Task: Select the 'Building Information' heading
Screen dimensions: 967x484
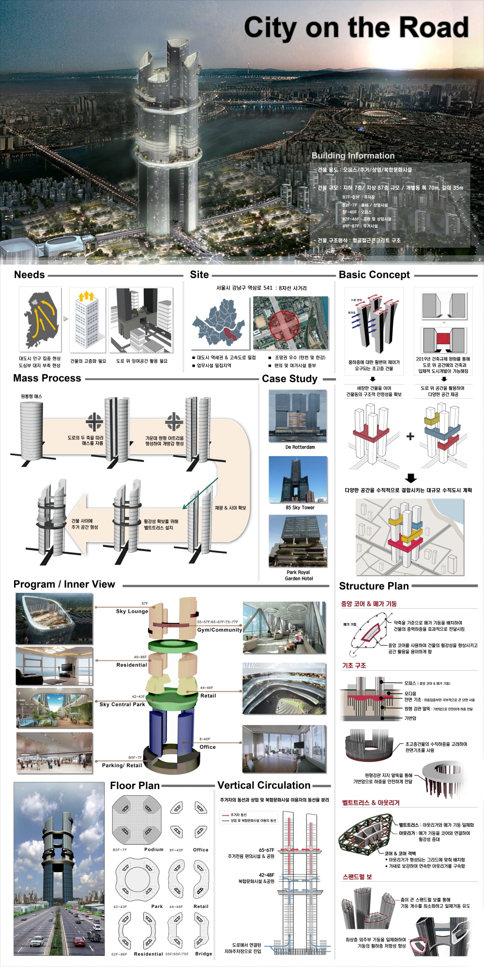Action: [353, 156]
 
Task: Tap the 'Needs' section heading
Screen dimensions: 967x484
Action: [30, 275]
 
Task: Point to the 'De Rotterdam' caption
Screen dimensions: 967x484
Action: [300, 447]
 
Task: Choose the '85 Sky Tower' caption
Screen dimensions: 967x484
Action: [300, 507]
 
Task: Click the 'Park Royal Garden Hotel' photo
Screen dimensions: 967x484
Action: [298, 541]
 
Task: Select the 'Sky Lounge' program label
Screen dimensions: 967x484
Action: [132, 611]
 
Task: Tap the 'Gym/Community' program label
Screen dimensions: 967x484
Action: [219, 630]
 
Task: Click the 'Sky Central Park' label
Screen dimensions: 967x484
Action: [122, 704]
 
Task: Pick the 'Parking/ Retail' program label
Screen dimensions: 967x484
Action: [122, 765]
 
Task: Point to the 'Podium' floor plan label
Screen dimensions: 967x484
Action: [154, 849]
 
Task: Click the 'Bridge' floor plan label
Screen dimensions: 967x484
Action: [204, 954]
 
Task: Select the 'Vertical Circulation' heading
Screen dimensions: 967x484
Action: [264, 786]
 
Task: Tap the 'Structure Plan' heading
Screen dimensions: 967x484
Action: [374, 586]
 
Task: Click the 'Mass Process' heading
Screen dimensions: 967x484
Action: [47, 378]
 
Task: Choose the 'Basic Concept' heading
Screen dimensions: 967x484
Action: [374, 275]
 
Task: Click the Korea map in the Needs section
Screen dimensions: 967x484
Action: [41, 319]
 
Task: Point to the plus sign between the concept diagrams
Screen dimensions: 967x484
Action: [410, 436]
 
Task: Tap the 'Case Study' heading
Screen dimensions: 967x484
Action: [289, 379]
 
